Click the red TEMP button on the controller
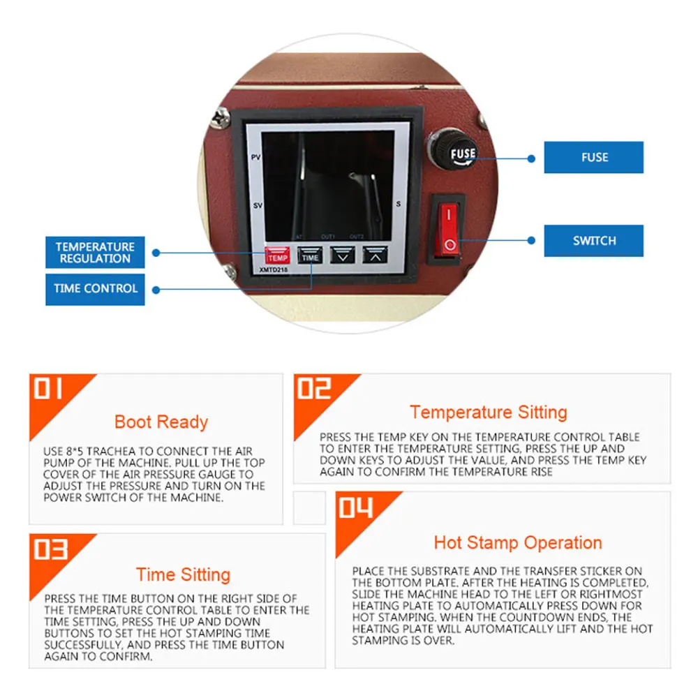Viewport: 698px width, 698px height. [x=277, y=256]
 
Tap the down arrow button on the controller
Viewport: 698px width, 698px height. [x=343, y=255]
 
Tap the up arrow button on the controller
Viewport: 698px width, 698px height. [x=374, y=255]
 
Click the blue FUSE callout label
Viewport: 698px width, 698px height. [x=594, y=158]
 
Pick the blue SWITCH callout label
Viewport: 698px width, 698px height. [x=594, y=241]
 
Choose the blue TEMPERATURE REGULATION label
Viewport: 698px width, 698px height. [x=95, y=253]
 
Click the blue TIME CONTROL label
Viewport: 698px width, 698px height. [x=95, y=288]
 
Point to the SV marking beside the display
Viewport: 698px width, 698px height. [x=256, y=206]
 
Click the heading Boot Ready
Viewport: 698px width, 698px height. [x=161, y=422]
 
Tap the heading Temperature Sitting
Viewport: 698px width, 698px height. [x=488, y=412]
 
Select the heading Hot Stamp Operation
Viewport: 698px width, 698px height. [x=517, y=543]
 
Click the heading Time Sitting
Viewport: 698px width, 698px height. [x=183, y=574]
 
